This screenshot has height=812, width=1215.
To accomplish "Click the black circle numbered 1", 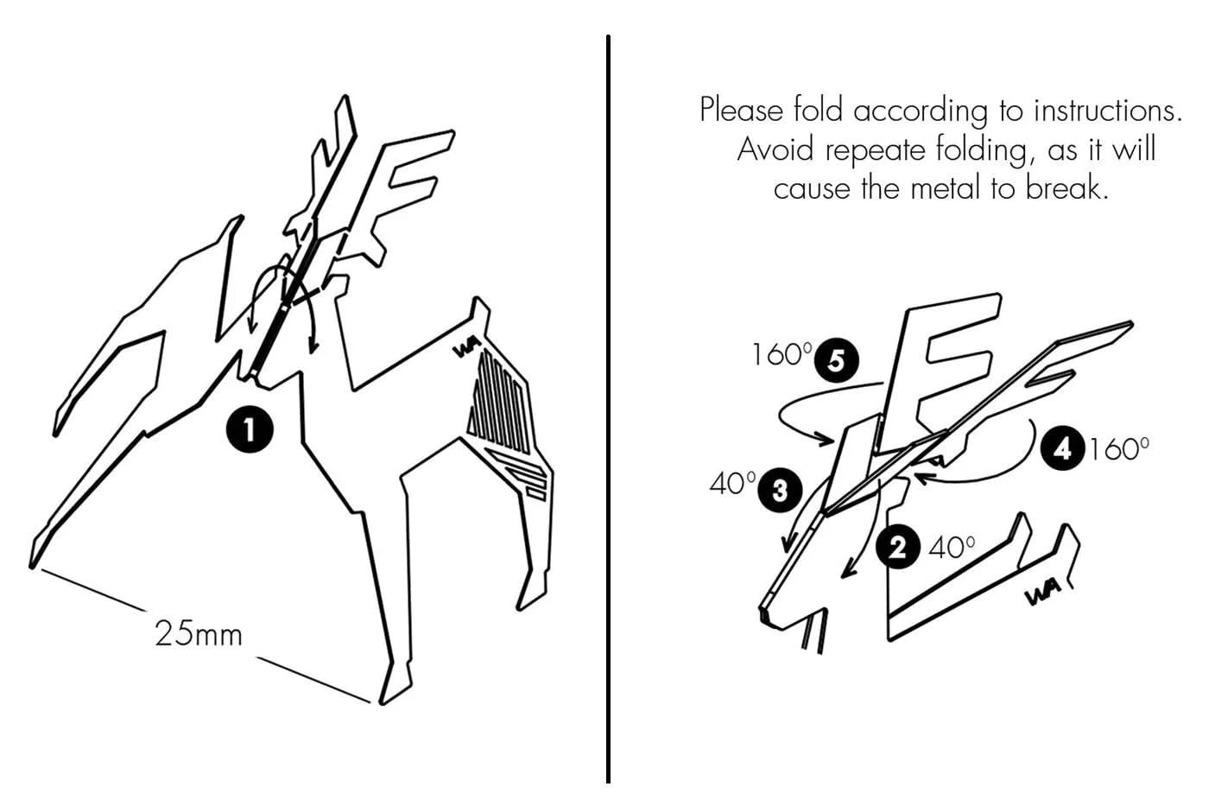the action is click(x=250, y=430).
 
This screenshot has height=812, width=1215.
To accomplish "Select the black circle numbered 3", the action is click(x=780, y=491).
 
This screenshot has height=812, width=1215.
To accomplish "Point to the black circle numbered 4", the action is click(x=1062, y=449).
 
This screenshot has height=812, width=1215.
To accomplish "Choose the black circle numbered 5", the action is click(x=837, y=360).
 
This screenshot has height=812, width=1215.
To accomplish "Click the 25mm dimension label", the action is click(x=199, y=633).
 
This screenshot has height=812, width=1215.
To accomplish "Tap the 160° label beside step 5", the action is click(x=782, y=355).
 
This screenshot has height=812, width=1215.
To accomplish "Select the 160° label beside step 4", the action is click(x=1119, y=449).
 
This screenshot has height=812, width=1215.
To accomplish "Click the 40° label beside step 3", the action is click(x=732, y=483).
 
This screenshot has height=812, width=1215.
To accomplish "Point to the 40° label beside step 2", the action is click(x=952, y=548).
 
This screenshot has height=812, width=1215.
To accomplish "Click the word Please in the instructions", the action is click(x=742, y=110).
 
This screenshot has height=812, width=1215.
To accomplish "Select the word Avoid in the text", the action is click(x=775, y=149).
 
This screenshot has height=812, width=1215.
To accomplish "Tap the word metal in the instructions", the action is click(x=946, y=188).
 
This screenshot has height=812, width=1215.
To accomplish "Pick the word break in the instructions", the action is click(x=1066, y=188).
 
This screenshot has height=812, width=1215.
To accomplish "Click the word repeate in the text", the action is click(x=875, y=151).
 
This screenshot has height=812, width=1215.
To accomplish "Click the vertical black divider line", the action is click(x=608, y=409).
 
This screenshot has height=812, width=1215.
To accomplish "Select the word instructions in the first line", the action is click(x=1108, y=110).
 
